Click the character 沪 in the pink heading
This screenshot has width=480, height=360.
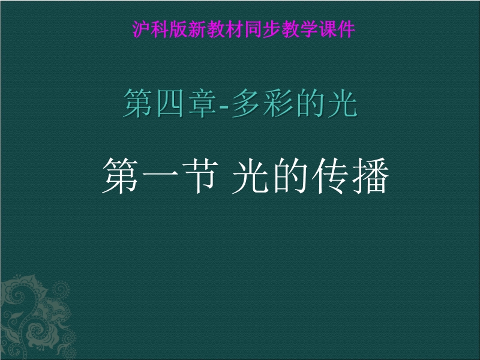click(141, 29)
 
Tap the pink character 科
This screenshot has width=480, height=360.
click(160, 29)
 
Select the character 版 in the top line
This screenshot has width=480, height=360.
click(178, 29)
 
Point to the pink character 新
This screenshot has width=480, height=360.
click(197, 29)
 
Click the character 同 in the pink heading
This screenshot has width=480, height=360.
click(253, 29)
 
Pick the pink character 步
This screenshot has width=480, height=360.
click(272, 29)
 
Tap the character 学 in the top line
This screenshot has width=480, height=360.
click(309, 29)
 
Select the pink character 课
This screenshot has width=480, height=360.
click(328, 29)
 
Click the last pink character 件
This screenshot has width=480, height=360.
click(347, 29)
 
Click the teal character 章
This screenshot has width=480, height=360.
click(202, 103)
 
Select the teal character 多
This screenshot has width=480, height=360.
click(246, 103)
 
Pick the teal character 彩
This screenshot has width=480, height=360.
click(278, 103)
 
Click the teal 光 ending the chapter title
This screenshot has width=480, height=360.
click(343, 103)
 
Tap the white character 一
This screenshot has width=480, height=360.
click(160, 175)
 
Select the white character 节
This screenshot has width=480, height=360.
click(200, 176)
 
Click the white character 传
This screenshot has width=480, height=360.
click(330, 176)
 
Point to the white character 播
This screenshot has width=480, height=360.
click(370, 176)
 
